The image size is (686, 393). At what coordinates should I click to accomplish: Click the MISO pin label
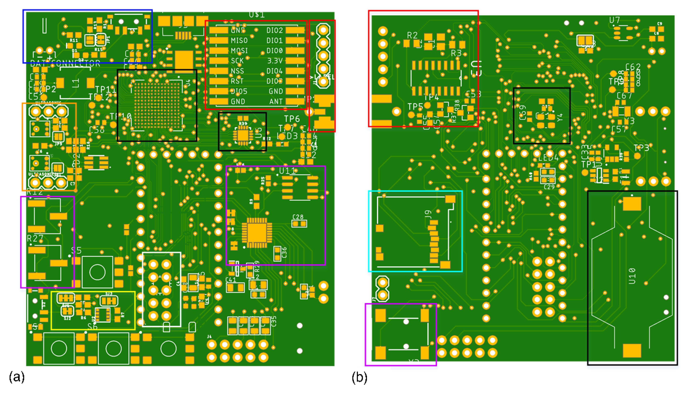pos(239,40)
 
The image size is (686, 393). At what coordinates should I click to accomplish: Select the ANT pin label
pos(276,101)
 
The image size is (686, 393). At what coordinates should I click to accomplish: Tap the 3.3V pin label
pos(275,61)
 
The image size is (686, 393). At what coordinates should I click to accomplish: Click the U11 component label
pos(287,171)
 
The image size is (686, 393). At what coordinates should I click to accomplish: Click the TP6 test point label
pos(292,119)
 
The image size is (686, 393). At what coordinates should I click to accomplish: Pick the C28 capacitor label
pos(298,217)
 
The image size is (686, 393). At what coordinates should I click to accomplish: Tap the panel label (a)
pos(17,377)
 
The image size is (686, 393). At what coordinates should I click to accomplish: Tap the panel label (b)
pos(359,377)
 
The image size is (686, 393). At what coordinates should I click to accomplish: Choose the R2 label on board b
pos(412,35)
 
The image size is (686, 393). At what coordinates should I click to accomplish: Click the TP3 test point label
pos(641,148)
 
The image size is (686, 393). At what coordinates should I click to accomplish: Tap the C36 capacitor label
pos(284,253)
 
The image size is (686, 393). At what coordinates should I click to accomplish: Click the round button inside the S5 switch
pos(97,272)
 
